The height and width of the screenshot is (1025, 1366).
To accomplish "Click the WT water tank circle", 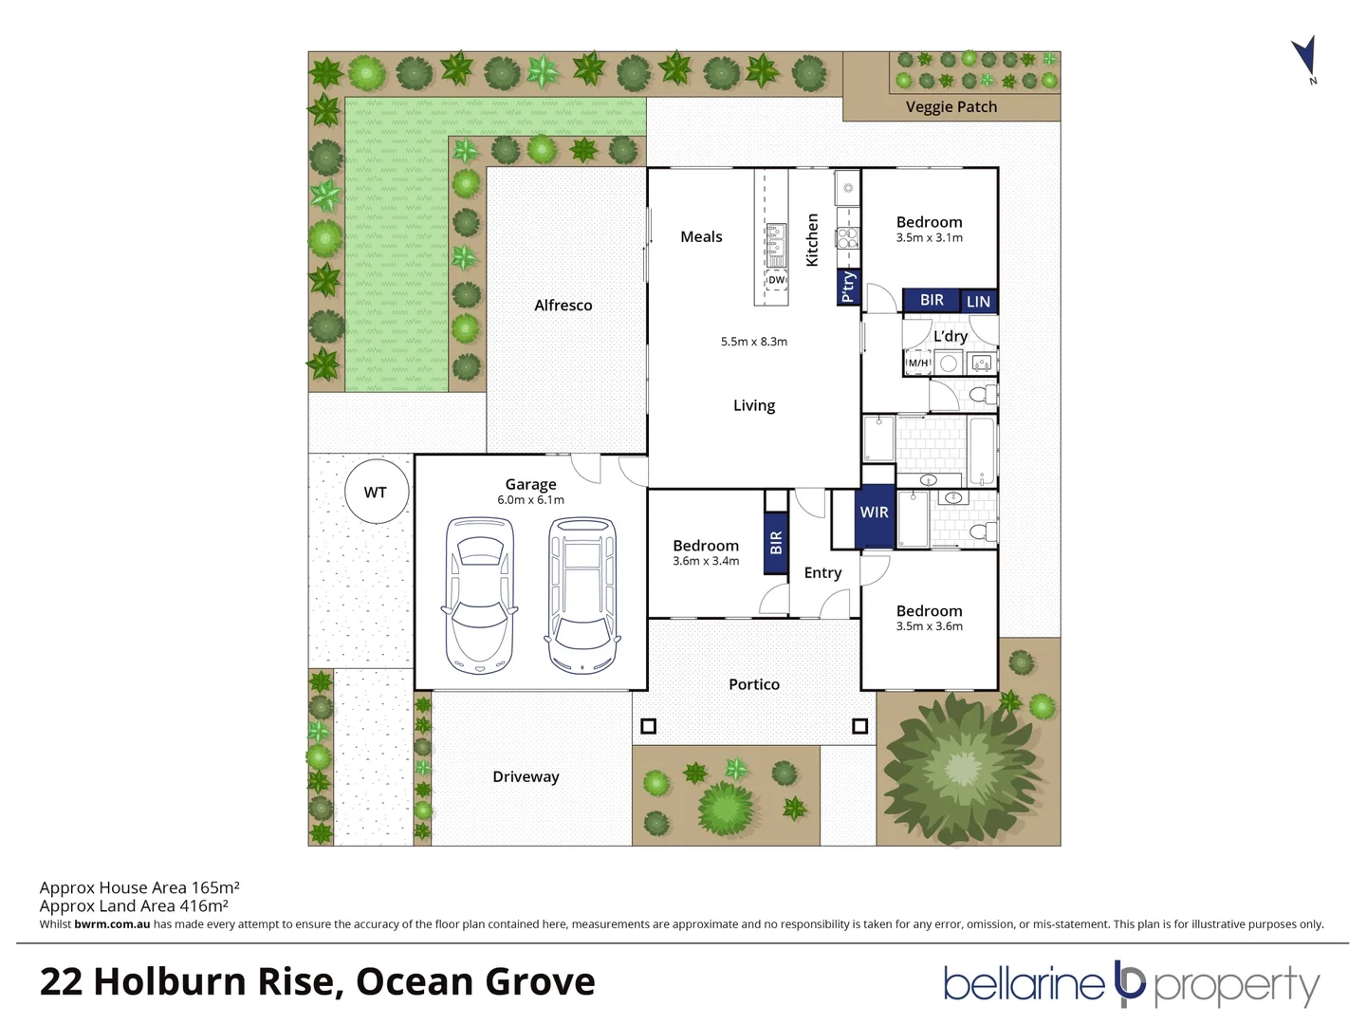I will coord(375,492).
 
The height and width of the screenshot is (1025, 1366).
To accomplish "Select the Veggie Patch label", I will coord(951,107).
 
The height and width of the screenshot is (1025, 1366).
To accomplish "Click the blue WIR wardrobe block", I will coord(874,517).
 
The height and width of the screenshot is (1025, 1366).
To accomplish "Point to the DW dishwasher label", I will coord(776,280).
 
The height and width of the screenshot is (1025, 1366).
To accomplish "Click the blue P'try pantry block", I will coord(847,287).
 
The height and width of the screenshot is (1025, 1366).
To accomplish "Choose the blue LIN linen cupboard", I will coord(978,302).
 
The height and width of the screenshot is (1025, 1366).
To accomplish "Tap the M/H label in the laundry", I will coord(918,363).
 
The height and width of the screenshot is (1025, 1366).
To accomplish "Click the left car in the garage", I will coord(480,595).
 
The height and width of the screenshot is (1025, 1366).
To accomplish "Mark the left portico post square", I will coord(648,726).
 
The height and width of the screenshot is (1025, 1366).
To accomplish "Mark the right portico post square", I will coord(859,726).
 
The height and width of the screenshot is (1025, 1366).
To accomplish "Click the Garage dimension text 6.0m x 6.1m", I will coord(530,500).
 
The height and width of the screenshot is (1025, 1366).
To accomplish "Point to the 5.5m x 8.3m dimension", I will coord(753,342).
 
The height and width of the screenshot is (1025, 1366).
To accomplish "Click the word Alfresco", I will coord(563,306).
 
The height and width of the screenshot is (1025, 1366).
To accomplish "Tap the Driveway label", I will coord(526,776).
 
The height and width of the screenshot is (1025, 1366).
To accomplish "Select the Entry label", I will coord(821,573).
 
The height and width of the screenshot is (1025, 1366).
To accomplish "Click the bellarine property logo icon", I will coord(1130,983).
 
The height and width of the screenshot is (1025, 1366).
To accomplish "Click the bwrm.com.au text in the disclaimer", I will coord(112,924).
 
